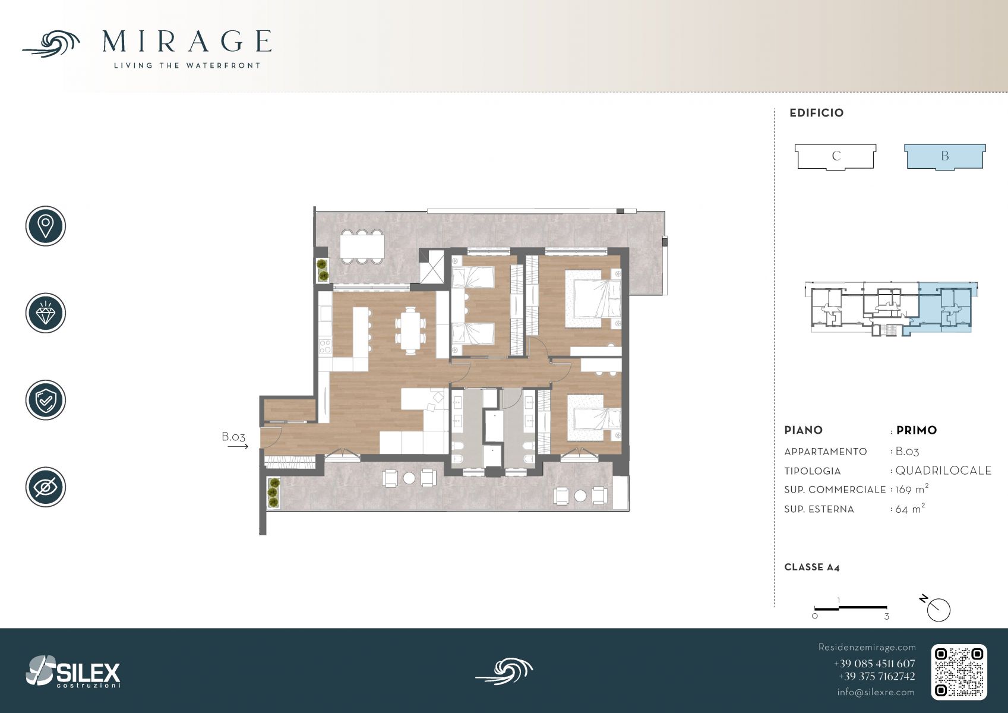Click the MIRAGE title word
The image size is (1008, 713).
click(x=187, y=42)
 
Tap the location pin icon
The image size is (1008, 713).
click(x=46, y=226)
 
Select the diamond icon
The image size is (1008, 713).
click(x=46, y=313)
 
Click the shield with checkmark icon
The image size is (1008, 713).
click(x=46, y=400)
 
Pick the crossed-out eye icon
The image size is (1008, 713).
click(x=46, y=487)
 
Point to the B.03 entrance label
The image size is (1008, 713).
click(x=233, y=436)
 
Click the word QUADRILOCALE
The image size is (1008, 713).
click(x=943, y=471)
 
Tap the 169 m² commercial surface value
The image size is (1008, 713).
click(x=912, y=489)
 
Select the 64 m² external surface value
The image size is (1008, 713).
click(x=910, y=509)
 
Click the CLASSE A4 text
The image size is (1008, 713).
click(x=812, y=567)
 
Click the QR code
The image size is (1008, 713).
click(x=959, y=672)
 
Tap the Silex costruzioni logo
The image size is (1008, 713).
click(x=73, y=671)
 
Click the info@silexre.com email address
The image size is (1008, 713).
click(x=876, y=692)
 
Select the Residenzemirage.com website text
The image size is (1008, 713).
click(x=867, y=647)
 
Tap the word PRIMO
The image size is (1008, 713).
click(x=917, y=430)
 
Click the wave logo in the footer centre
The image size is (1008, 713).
click(x=504, y=671)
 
